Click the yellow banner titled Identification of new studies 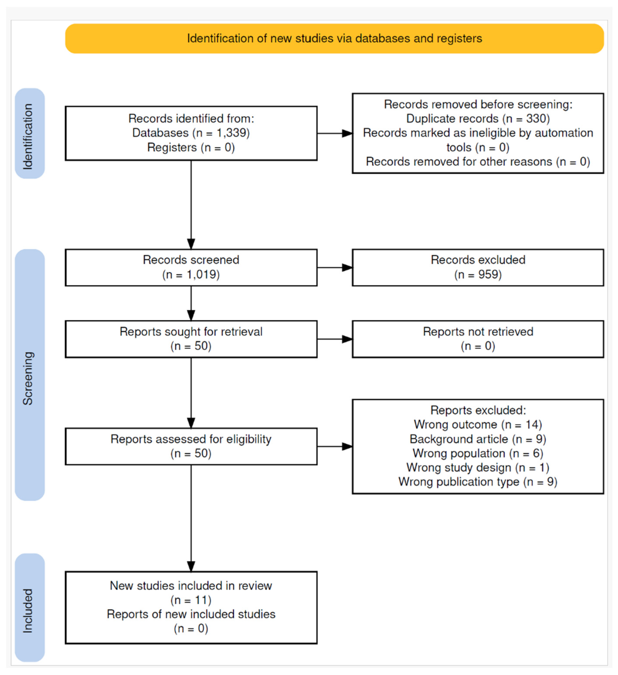point(334,38)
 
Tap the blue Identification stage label point(30,133)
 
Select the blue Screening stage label point(30,375)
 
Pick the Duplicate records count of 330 point(538,119)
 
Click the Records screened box point(191,268)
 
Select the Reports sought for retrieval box point(191,339)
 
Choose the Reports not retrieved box point(478,339)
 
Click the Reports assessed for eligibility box point(191,446)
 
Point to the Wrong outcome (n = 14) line point(478,425)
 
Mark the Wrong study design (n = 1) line point(478,468)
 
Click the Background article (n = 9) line point(478,439)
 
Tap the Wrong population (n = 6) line point(478,453)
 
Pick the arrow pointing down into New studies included point(191,518)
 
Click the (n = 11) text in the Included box point(191,600)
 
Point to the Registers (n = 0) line point(191,147)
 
